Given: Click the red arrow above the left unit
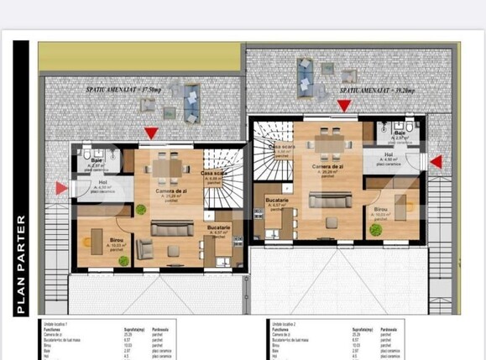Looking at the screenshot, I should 150,133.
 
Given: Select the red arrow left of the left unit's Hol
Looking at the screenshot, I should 61,188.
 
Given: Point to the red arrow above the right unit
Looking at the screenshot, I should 343,105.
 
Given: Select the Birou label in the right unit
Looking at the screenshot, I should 381,209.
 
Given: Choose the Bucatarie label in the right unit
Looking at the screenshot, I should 277,201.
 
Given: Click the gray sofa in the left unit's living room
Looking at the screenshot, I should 171,227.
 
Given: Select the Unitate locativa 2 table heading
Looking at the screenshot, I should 286,322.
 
